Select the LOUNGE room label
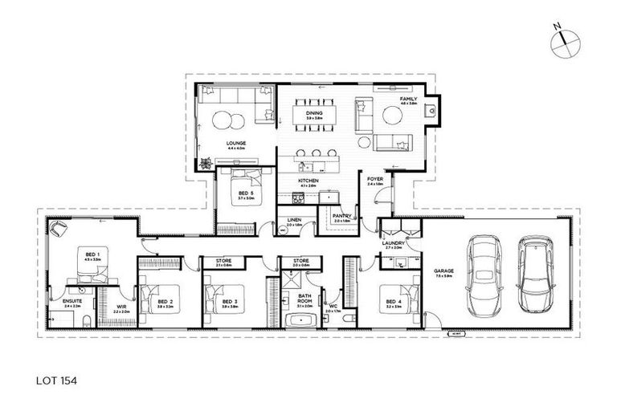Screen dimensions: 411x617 coord(236,143)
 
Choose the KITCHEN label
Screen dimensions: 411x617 coord(308,181)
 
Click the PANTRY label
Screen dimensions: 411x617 coord(340,215)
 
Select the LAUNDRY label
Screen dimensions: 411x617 coord(393,242)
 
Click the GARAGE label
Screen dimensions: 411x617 coord(443,271)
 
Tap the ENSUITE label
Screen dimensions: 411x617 coord(72,302)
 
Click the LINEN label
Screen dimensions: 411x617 coord(293,221)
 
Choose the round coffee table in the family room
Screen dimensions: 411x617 coord(392,116)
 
